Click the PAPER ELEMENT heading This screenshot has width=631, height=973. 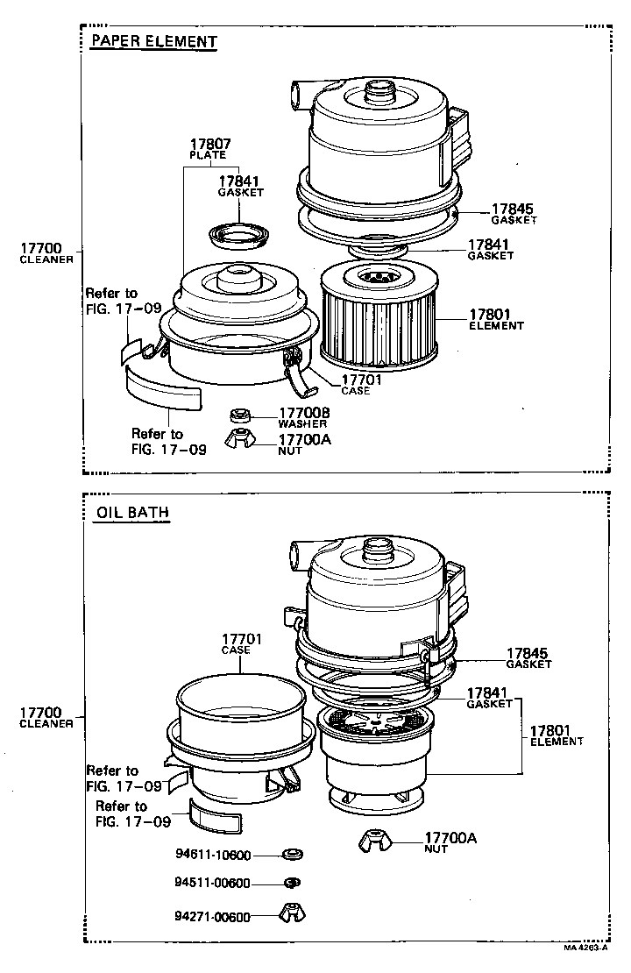(x=153, y=41)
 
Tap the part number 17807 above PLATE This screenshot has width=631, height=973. (x=208, y=145)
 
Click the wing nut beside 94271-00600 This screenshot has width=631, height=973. (x=292, y=913)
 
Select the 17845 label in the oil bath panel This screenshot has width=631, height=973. (x=526, y=653)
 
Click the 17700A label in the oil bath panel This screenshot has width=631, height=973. (x=450, y=838)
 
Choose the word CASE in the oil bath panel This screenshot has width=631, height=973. (x=236, y=650)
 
